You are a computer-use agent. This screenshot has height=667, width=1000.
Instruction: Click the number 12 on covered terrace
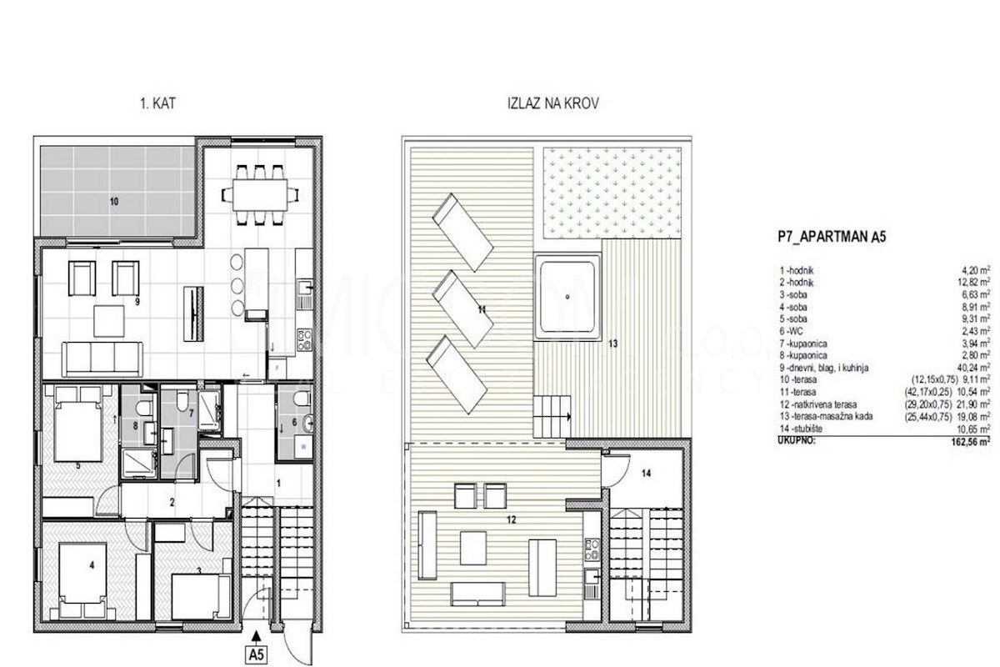511,519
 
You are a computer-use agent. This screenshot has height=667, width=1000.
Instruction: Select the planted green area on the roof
613,191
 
